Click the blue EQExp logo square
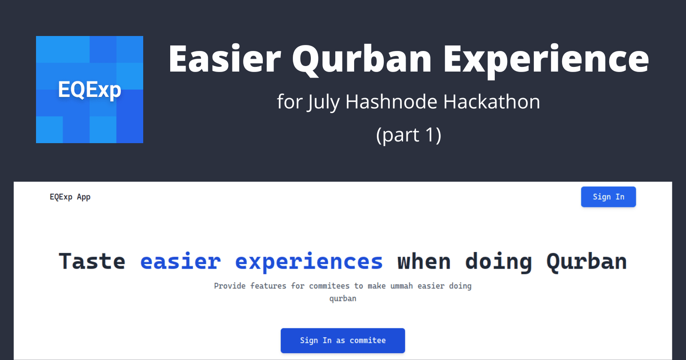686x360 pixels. [90, 90]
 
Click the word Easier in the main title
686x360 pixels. [225, 58]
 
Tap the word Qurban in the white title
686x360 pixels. [362, 60]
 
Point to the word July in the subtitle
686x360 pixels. [323, 102]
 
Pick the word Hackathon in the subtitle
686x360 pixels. [492, 102]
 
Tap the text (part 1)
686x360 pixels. [409, 135]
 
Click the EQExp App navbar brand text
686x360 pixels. [70, 197]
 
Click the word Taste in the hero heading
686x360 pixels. [92, 261]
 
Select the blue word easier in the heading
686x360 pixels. [181, 261]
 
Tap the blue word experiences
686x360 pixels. [309, 262]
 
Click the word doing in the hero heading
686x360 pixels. [498, 262]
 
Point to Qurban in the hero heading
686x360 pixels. [587, 262]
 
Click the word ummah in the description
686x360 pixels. [401, 286]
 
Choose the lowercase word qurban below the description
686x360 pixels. [343, 299]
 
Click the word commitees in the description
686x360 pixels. [329, 286]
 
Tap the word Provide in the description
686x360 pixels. [230, 286]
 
